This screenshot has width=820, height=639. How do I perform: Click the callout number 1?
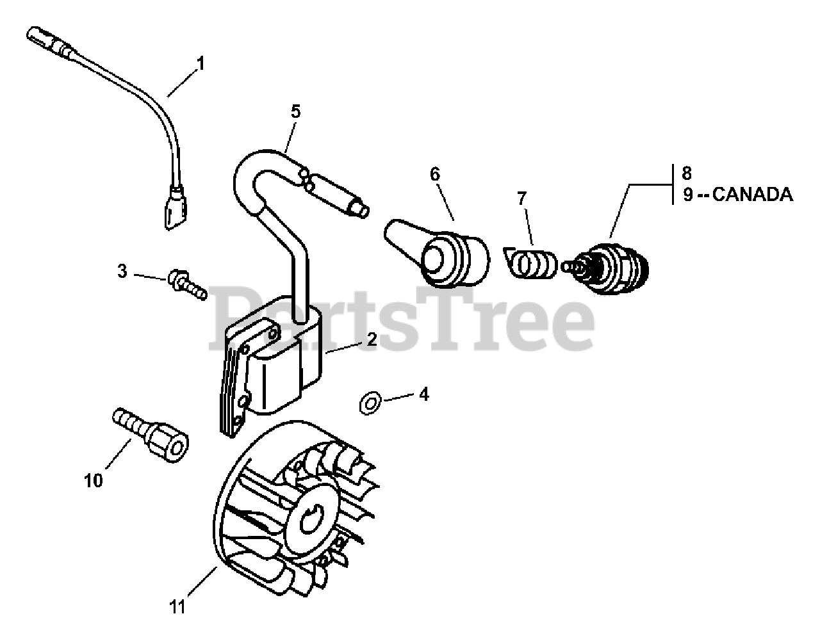201,64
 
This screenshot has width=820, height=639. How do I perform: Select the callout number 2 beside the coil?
371,340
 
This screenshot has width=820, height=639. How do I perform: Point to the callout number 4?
423,394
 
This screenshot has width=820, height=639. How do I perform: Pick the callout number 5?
295,111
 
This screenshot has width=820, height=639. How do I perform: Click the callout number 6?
435,174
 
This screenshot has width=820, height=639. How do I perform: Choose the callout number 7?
522,198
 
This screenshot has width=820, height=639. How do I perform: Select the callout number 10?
94,480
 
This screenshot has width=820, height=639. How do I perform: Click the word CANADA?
752,195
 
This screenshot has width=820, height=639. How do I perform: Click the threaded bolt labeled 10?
151,433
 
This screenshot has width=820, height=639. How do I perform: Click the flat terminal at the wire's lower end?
173,211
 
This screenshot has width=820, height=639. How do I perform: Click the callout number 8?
687,173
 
